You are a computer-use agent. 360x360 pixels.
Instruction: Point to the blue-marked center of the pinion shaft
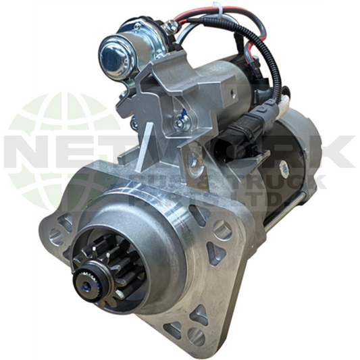click(94, 276)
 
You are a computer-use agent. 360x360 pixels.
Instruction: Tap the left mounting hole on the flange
click(57, 236)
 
